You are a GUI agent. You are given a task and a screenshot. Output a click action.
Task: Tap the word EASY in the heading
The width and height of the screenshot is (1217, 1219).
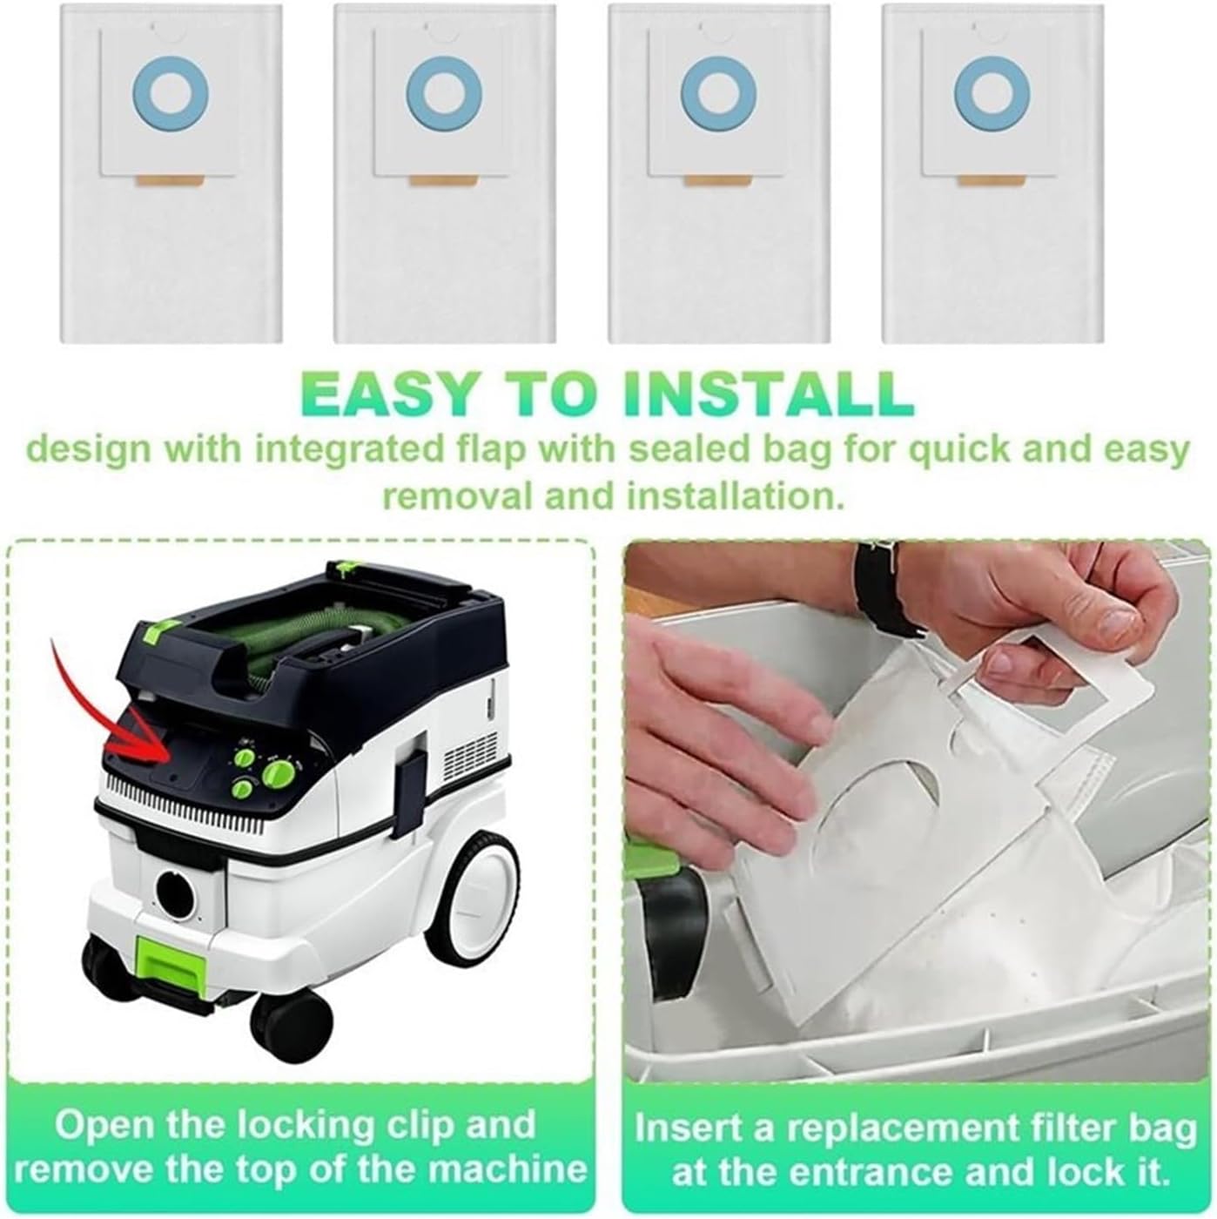392,393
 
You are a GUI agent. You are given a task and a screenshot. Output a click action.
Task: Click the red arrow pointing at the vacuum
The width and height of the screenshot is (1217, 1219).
113,714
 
